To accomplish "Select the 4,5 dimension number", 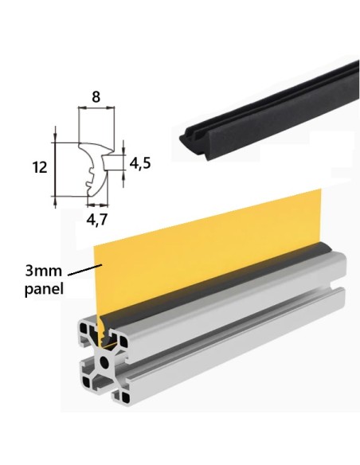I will pyautogui.click(x=140, y=164).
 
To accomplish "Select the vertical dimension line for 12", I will pyautogui.click(x=56, y=167).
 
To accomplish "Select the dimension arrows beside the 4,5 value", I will pyautogui.click(x=125, y=164).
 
